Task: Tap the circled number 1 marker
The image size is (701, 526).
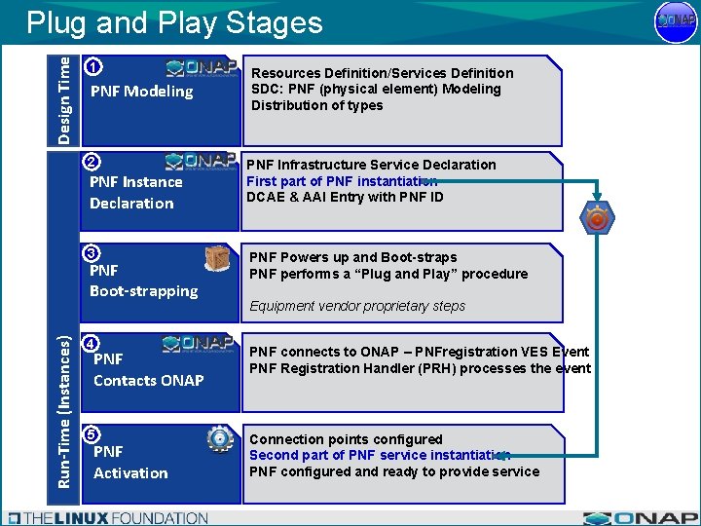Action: [92, 68]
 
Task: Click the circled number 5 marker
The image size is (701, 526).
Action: [92, 434]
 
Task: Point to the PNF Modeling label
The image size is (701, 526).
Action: [141, 92]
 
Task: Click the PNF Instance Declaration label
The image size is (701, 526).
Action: [135, 192]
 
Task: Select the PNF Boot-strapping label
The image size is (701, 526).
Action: [143, 281]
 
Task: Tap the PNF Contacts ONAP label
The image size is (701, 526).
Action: [148, 369]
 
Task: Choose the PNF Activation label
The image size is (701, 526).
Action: [130, 462]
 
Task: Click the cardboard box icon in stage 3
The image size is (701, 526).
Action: [218, 258]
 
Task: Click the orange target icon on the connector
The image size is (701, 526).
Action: [597, 220]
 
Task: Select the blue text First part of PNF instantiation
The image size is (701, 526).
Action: [342, 181]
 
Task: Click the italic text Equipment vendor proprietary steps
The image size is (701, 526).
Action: [357, 306]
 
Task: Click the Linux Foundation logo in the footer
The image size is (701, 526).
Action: [107, 518]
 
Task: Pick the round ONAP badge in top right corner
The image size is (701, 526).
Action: [676, 21]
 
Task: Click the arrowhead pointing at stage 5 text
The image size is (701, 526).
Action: [504, 455]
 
